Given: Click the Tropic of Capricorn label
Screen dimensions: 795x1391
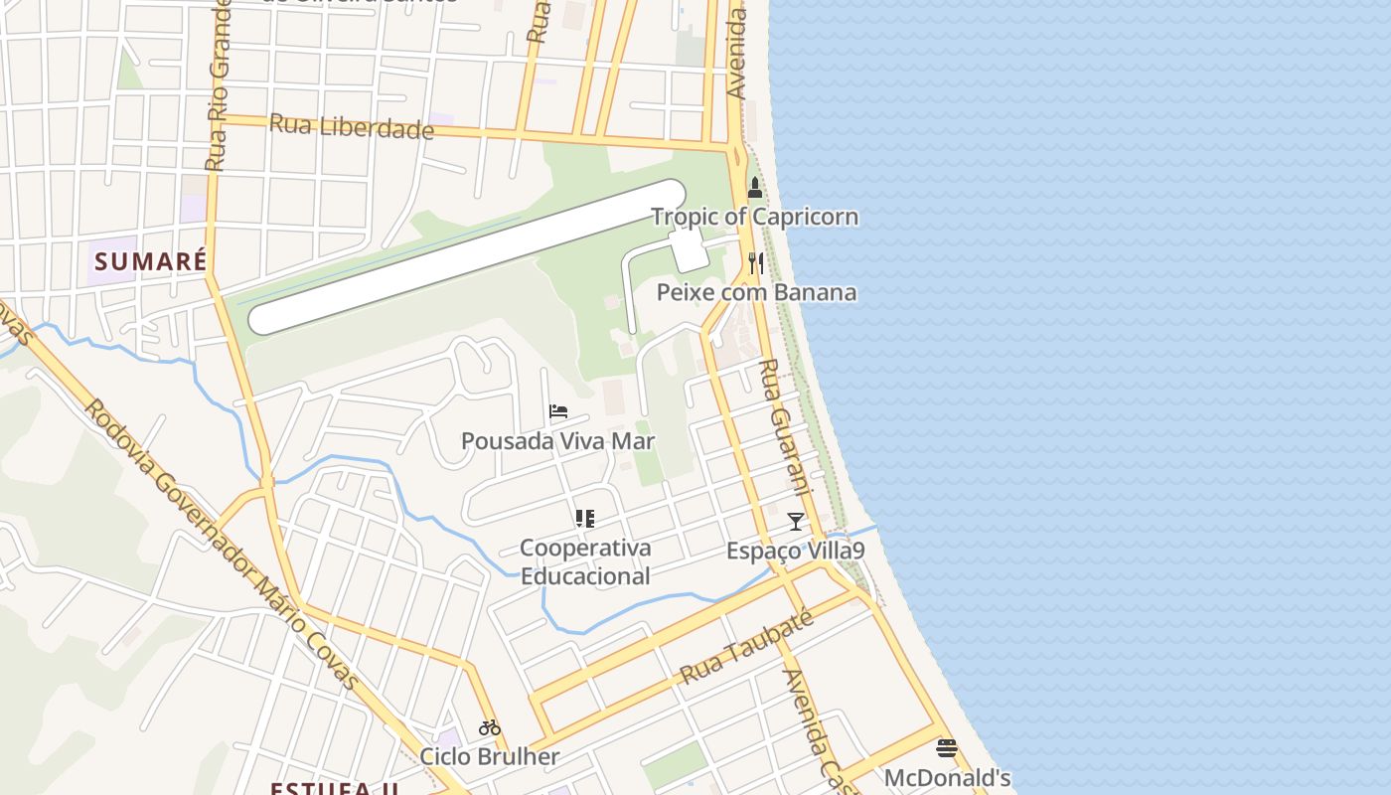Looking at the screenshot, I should pyautogui.click(x=754, y=217).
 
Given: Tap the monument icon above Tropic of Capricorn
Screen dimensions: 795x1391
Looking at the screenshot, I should pyautogui.click(x=755, y=188).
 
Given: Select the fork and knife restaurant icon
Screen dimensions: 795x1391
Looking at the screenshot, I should pyautogui.click(x=756, y=263).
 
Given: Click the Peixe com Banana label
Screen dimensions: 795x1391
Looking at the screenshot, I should pyautogui.click(x=756, y=292).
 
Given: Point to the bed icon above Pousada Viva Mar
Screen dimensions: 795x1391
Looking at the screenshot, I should pyautogui.click(x=558, y=411).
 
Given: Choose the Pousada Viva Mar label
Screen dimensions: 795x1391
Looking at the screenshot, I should pyautogui.click(x=558, y=440).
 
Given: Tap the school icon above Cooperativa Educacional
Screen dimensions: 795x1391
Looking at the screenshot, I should pyautogui.click(x=584, y=518).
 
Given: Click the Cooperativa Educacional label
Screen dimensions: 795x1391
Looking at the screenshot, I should pyautogui.click(x=585, y=561).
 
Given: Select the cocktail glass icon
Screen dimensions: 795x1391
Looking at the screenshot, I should pyautogui.click(x=795, y=521).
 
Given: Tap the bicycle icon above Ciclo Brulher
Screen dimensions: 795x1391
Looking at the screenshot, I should pyautogui.click(x=489, y=727).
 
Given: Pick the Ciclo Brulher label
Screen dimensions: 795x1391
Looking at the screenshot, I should pyautogui.click(x=489, y=756).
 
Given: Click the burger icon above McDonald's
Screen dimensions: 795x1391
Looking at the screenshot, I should pyautogui.click(x=947, y=748).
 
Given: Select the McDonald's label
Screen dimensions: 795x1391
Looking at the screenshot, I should pyautogui.click(x=947, y=777).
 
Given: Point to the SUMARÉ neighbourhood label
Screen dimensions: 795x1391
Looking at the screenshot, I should pyautogui.click(x=151, y=261).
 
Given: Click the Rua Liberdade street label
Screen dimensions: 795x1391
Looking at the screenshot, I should pyautogui.click(x=352, y=127).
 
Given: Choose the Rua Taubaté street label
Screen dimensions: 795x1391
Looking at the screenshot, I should pyautogui.click(x=746, y=647).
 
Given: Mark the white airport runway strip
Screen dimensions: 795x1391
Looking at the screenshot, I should pyautogui.click(x=467, y=256).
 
